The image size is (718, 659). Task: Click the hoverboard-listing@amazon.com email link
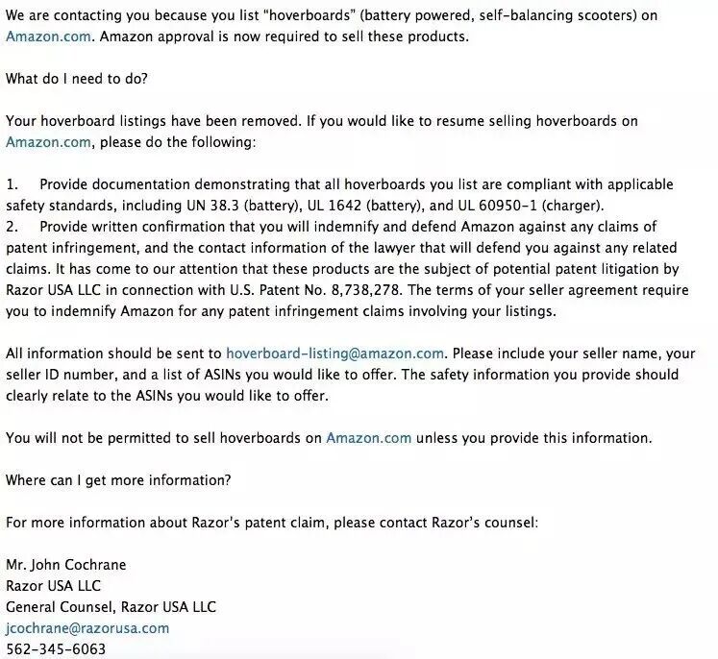pos(334,354)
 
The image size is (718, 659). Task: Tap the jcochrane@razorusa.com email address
pos(87,627)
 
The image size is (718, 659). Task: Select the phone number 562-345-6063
pos(56,649)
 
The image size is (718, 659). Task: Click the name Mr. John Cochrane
pos(66,564)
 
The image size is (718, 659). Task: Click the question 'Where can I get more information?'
pos(118,479)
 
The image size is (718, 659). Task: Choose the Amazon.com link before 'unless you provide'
pos(368,437)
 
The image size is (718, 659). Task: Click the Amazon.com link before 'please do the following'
pos(48,141)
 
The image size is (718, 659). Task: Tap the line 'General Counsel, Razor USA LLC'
pos(111,606)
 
